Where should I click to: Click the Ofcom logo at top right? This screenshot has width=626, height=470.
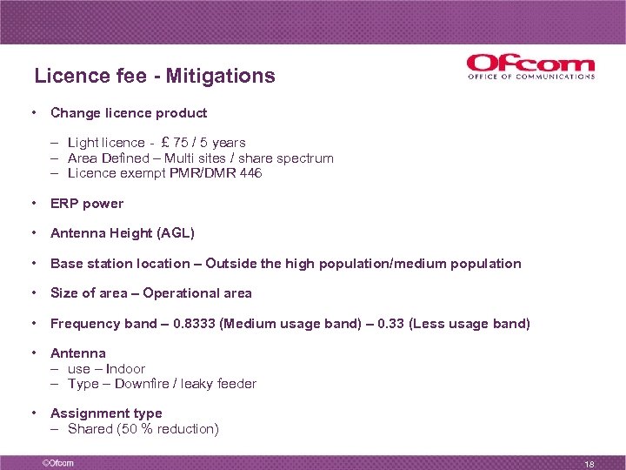coord(530,67)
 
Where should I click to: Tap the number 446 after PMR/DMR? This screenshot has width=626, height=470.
coord(250,173)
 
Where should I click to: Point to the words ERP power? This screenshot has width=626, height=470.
coord(87,204)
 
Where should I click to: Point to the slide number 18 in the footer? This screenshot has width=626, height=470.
coord(589,464)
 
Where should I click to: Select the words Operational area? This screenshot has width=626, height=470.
coord(197,293)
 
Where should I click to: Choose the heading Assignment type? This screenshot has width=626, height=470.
coord(106,413)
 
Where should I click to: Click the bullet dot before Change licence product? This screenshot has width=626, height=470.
coord(32,113)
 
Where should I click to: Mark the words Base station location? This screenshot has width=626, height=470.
coord(120,264)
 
